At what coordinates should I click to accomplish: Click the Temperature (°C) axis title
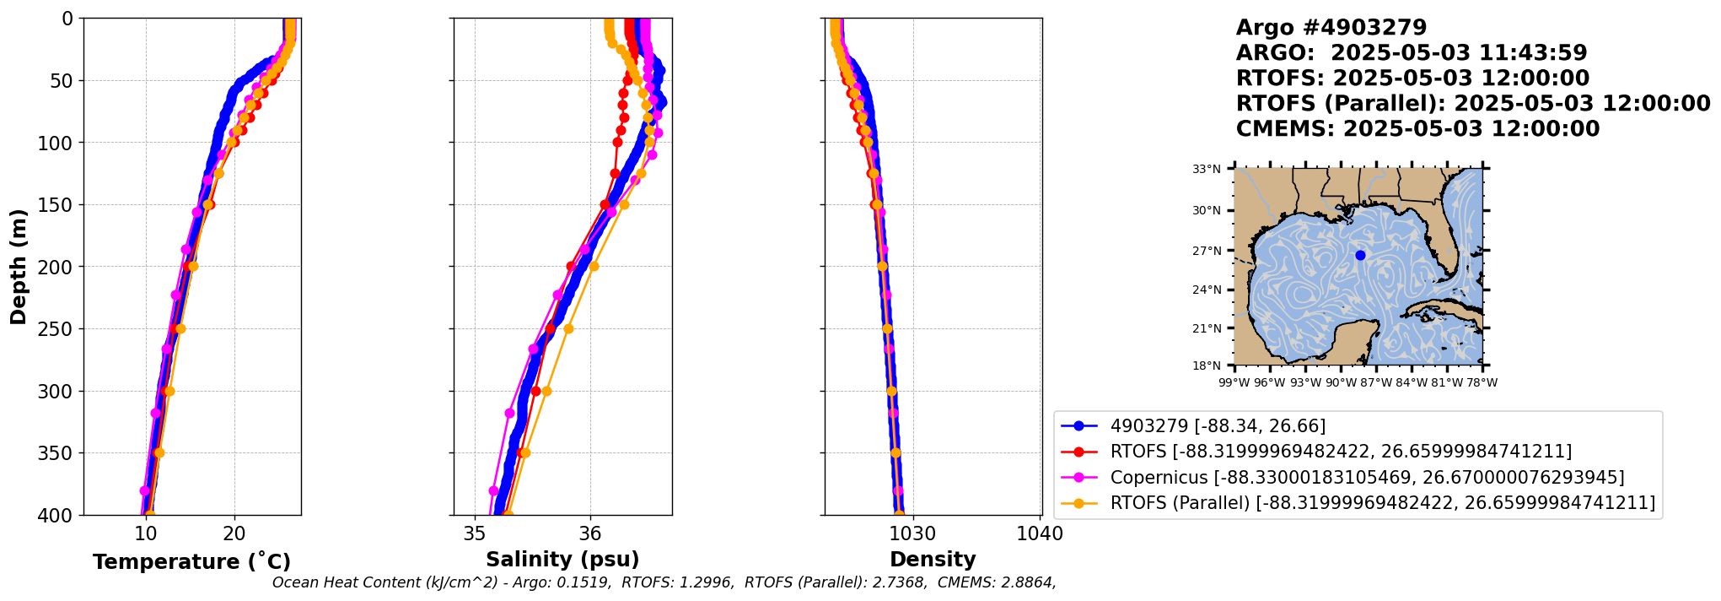[x=191, y=562]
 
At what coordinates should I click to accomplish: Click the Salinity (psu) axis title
[x=562, y=560]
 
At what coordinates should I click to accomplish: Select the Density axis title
[x=933, y=560]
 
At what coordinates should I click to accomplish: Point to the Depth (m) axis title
[x=19, y=267]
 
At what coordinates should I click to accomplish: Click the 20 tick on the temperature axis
[x=234, y=533]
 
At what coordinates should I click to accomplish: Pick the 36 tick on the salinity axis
[x=590, y=533]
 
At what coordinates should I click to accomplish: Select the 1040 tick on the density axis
[x=1040, y=533]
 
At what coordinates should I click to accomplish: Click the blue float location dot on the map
[x=1360, y=255]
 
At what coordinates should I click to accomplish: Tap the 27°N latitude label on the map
[x=1207, y=251]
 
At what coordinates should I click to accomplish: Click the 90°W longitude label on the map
[x=1341, y=383]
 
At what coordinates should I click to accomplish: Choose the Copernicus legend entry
[x=1367, y=477]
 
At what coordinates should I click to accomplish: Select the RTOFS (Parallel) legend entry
[x=1382, y=503]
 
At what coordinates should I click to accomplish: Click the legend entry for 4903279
[x=1218, y=426]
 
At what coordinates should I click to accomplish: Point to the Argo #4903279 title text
[x=1331, y=28]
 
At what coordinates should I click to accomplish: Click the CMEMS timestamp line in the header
[x=1417, y=129]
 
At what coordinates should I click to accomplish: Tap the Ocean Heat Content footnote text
[x=664, y=582]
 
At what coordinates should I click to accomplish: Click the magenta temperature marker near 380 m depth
[x=144, y=490]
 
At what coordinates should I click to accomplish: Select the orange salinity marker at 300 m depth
[x=546, y=391]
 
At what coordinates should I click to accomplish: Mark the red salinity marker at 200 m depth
[x=571, y=267]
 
